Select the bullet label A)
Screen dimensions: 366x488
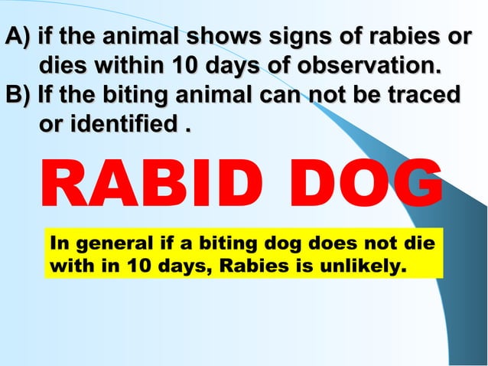point(17,37)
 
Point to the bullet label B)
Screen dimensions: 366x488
point(17,96)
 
